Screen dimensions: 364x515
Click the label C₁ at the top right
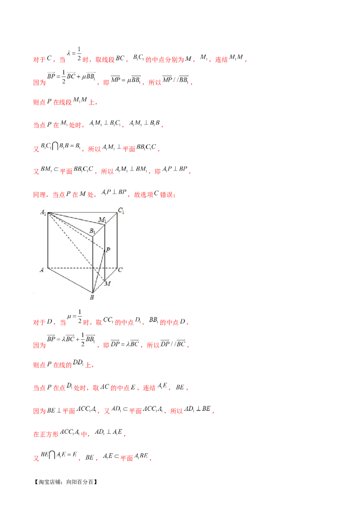(x=121, y=210)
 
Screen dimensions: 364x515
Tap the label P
(x=108, y=250)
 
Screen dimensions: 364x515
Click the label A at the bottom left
(x=41, y=269)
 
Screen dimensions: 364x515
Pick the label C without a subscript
(x=120, y=270)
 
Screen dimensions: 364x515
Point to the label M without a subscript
(x=108, y=283)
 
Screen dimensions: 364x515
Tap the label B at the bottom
(x=92, y=298)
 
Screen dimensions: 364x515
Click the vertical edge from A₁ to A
(x=48, y=241)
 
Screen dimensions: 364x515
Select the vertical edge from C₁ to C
(x=117, y=241)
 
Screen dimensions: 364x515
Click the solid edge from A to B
(x=71, y=280)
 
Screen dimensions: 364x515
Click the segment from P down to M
(x=105, y=266)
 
